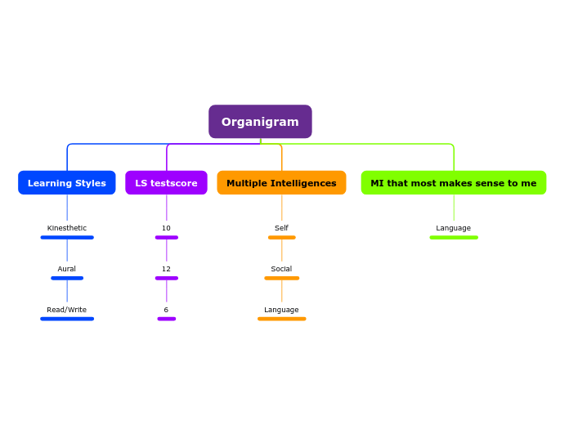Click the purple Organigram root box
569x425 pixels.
tap(260, 122)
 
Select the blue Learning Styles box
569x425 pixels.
tap(67, 183)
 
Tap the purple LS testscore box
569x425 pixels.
tap(166, 183)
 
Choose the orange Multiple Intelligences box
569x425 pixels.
tap(281, 183)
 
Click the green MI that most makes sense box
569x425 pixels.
tap(453, 183)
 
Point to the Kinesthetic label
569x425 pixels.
tap(67, 228)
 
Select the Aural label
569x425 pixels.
tap(67, 269)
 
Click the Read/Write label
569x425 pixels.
tap(67, 310)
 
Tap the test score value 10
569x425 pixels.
tap(166, 228)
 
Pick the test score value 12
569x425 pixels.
tap(166, 269)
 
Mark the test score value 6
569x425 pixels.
tap(166, 310)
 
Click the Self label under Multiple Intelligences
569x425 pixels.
tap(281, 228)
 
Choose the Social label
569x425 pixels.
tap(281, 269)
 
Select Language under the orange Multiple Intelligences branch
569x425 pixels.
tap(281, 310)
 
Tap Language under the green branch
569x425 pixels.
tap(453, 228)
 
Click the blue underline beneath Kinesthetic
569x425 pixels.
tap(67, 237)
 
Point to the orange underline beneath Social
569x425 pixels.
tap(281, 278)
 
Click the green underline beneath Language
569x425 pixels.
tap(454, 237)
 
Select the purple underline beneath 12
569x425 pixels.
tap(166, 278)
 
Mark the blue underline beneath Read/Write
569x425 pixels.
tap(67, 319)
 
